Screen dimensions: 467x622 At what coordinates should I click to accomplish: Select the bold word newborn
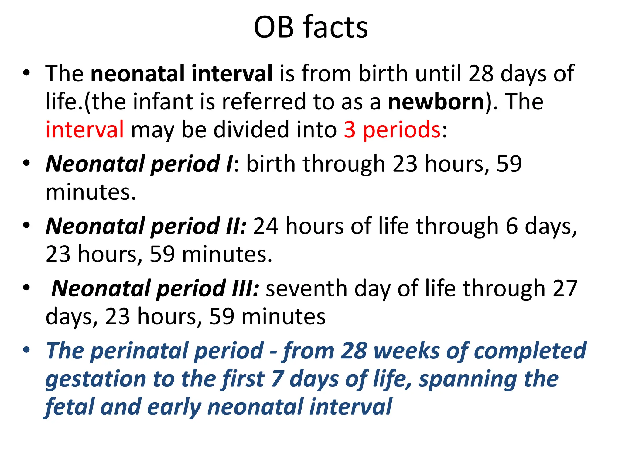click(436, 102)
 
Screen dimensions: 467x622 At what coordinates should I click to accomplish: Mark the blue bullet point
click(26, 350)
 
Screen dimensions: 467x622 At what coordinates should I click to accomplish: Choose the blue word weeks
click(406, 351)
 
